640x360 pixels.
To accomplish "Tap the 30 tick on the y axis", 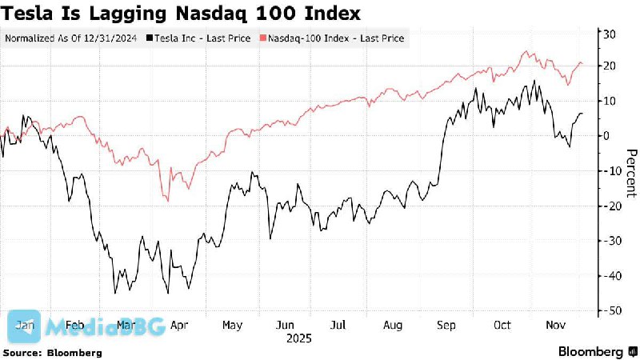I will pos(609,33).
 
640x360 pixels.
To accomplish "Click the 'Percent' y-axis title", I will pos(630,172).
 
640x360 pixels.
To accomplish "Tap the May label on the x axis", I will pos(231,326).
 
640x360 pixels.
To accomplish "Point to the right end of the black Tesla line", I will pos(582,113).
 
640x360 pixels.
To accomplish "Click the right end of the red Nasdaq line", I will pos(582,64).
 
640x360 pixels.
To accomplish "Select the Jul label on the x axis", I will pos(338,326).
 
